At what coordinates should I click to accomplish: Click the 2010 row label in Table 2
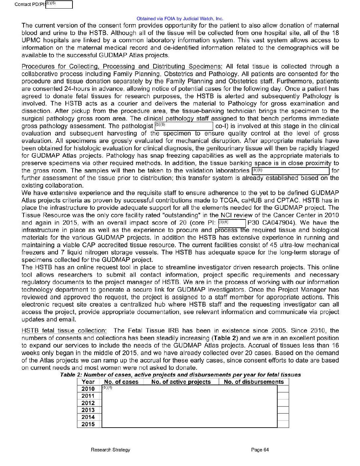click(x=88, y=389)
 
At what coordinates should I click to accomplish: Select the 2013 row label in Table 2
click(x=88, y=410)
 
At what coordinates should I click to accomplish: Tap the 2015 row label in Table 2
click(x=88, y=424)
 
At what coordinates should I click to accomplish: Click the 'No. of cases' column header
click(x=121, y=382)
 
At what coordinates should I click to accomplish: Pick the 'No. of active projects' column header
click(x=181, y=382)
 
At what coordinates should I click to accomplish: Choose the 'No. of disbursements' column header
click(x=254, y=382)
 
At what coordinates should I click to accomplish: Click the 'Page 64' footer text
click(x=260, y=450)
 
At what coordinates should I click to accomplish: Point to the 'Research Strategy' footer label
click(x=111, y=450)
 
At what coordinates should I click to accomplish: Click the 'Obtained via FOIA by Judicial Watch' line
click(x=180, y=19)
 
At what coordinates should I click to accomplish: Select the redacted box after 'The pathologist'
click(x=184, y=126)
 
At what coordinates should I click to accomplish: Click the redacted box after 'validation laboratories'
click(x=290, y=171)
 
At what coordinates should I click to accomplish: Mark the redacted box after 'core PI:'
click(x=232, y=223)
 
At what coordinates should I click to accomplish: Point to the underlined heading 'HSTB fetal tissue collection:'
click(x=64, y=331)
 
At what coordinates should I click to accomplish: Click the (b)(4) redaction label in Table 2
click(x=107, y=388)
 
